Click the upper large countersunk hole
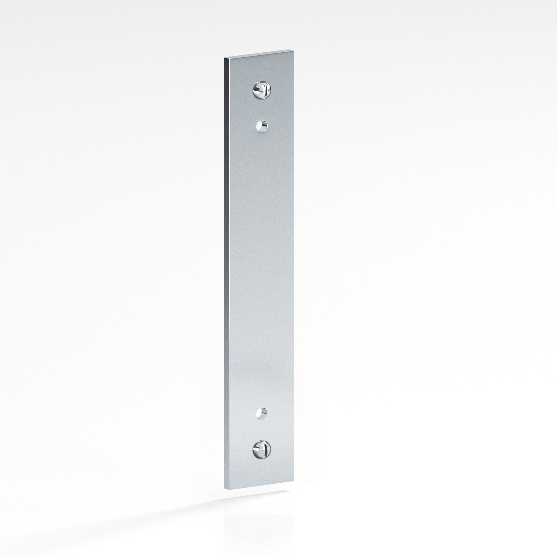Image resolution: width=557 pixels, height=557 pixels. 262,90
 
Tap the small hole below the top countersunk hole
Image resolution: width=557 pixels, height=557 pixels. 262,126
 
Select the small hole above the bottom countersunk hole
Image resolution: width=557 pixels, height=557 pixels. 262,413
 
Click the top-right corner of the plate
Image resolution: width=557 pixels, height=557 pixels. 294,50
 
